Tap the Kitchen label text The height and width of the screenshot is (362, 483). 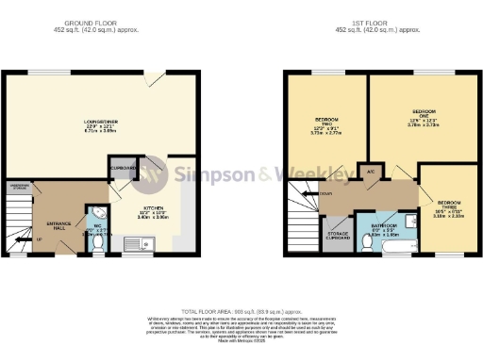154,207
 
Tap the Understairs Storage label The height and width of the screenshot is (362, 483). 19,187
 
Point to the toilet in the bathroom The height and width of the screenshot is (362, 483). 367,242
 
